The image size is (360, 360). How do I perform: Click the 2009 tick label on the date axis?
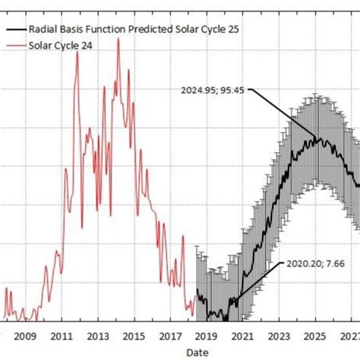point(25,336)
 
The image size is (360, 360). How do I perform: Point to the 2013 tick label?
point(98,336)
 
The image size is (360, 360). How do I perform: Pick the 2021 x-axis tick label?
point(242,336)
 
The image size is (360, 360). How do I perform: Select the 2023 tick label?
point(279,336)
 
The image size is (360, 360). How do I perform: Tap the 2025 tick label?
point(314,336)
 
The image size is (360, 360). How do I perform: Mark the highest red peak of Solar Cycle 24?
point(118,39)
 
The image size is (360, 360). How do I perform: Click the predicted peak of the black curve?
point(314,137)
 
